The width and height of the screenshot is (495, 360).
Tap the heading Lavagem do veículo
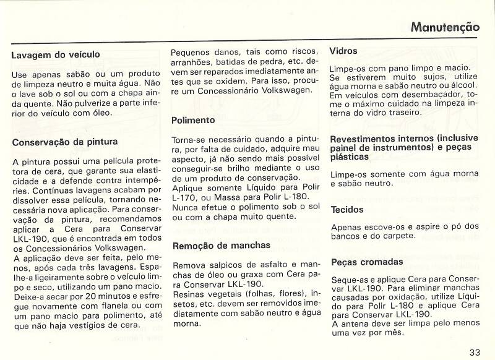pyautogui.click(x=56, y=55)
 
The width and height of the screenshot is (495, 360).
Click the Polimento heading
pyautogui.click(x=194, y=120)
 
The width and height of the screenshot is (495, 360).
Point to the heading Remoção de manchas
pyautogui.click(x=221, y=245)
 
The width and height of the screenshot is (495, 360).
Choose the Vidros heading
pyautogui.click(x=344, y=51)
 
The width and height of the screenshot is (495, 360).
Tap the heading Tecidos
pyautogui.click(x=347, y=210)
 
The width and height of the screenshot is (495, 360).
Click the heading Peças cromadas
pyautogui.click(x=366, y=262)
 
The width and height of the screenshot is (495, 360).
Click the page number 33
pyautogui.click(x=475, y=352)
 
